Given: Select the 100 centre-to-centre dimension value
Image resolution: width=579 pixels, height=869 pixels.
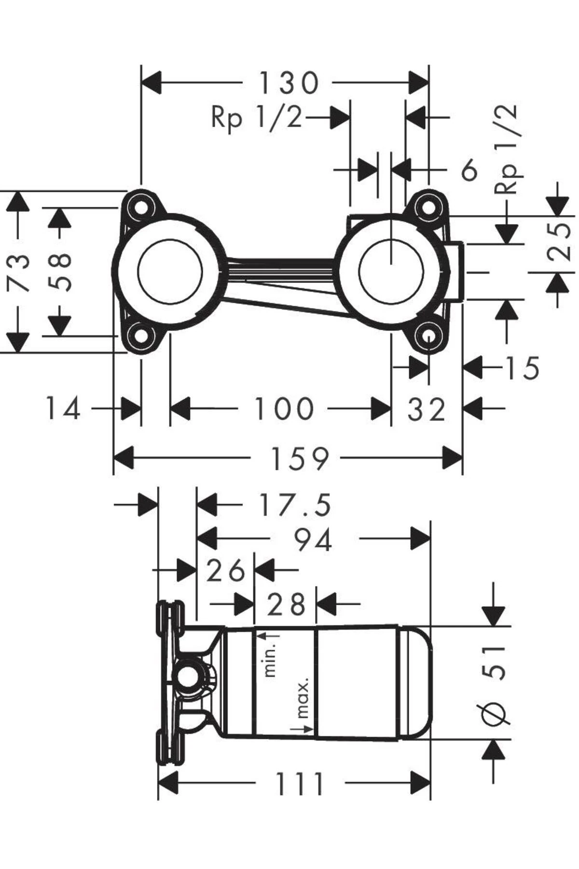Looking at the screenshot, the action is (284, 409).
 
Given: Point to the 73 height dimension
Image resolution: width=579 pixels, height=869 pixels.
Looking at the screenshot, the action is (18, 272).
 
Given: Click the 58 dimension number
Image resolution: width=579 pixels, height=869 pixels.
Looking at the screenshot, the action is (60, 272).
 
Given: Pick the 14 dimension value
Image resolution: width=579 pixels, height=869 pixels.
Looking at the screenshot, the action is (63, 409).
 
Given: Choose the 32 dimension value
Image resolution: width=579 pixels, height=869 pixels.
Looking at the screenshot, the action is (427, 410).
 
